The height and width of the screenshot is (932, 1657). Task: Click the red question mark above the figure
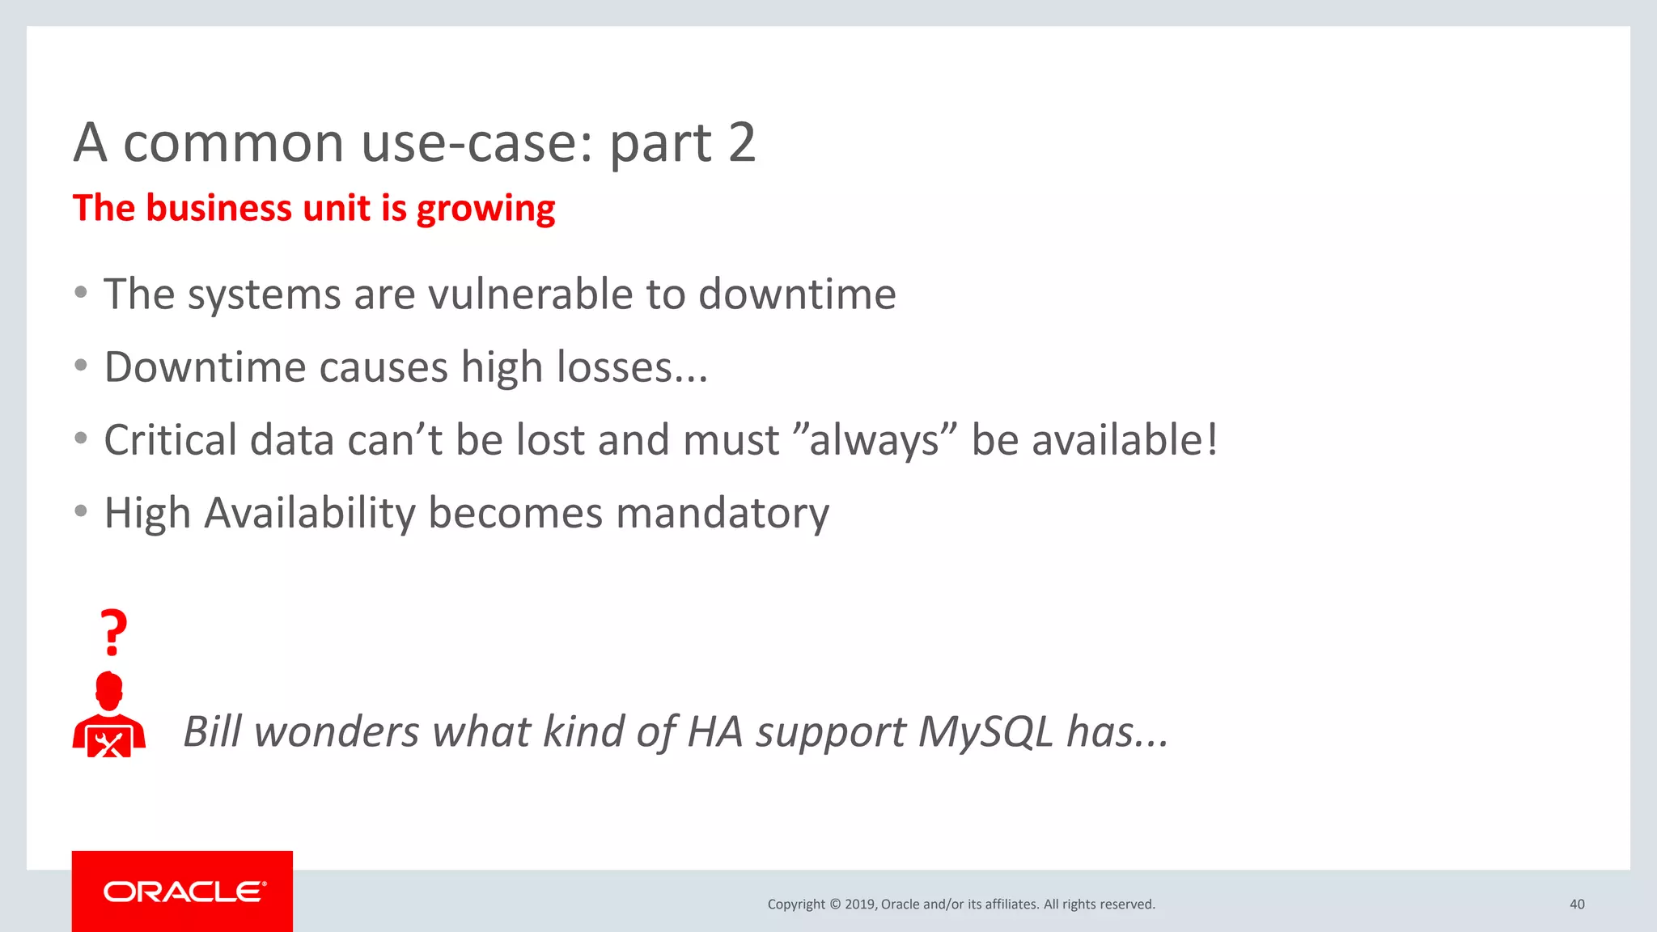point(113,632)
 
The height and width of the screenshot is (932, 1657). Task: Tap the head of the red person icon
point(109,690)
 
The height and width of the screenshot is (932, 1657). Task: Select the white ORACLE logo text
point(184,892)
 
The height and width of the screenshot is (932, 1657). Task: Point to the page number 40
point(1576,904)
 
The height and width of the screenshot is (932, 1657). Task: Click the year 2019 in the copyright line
point(859,904)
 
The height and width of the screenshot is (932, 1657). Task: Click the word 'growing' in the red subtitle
point(485,209)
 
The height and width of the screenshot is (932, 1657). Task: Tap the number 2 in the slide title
point(741,142)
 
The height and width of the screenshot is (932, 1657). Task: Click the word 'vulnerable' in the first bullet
point(530,294)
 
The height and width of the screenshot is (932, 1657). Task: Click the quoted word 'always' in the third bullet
point(875,441)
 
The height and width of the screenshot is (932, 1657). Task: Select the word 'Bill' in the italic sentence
point(212,731)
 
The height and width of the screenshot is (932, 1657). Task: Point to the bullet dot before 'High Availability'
point(80,511)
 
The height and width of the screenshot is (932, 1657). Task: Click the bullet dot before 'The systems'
point(80,292)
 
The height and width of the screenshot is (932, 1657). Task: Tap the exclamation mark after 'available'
point(1211,439)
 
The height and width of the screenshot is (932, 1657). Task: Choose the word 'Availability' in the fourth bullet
point(309,514)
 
